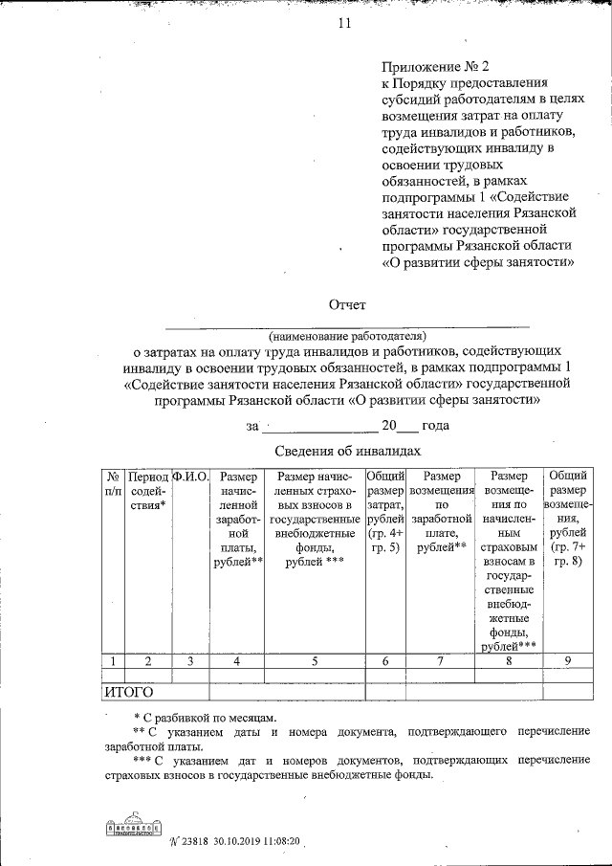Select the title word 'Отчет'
347,304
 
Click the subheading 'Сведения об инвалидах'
347,450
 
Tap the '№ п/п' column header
113,482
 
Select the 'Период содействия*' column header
148,490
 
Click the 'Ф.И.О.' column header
190,476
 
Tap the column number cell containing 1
113,659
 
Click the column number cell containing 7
441,659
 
